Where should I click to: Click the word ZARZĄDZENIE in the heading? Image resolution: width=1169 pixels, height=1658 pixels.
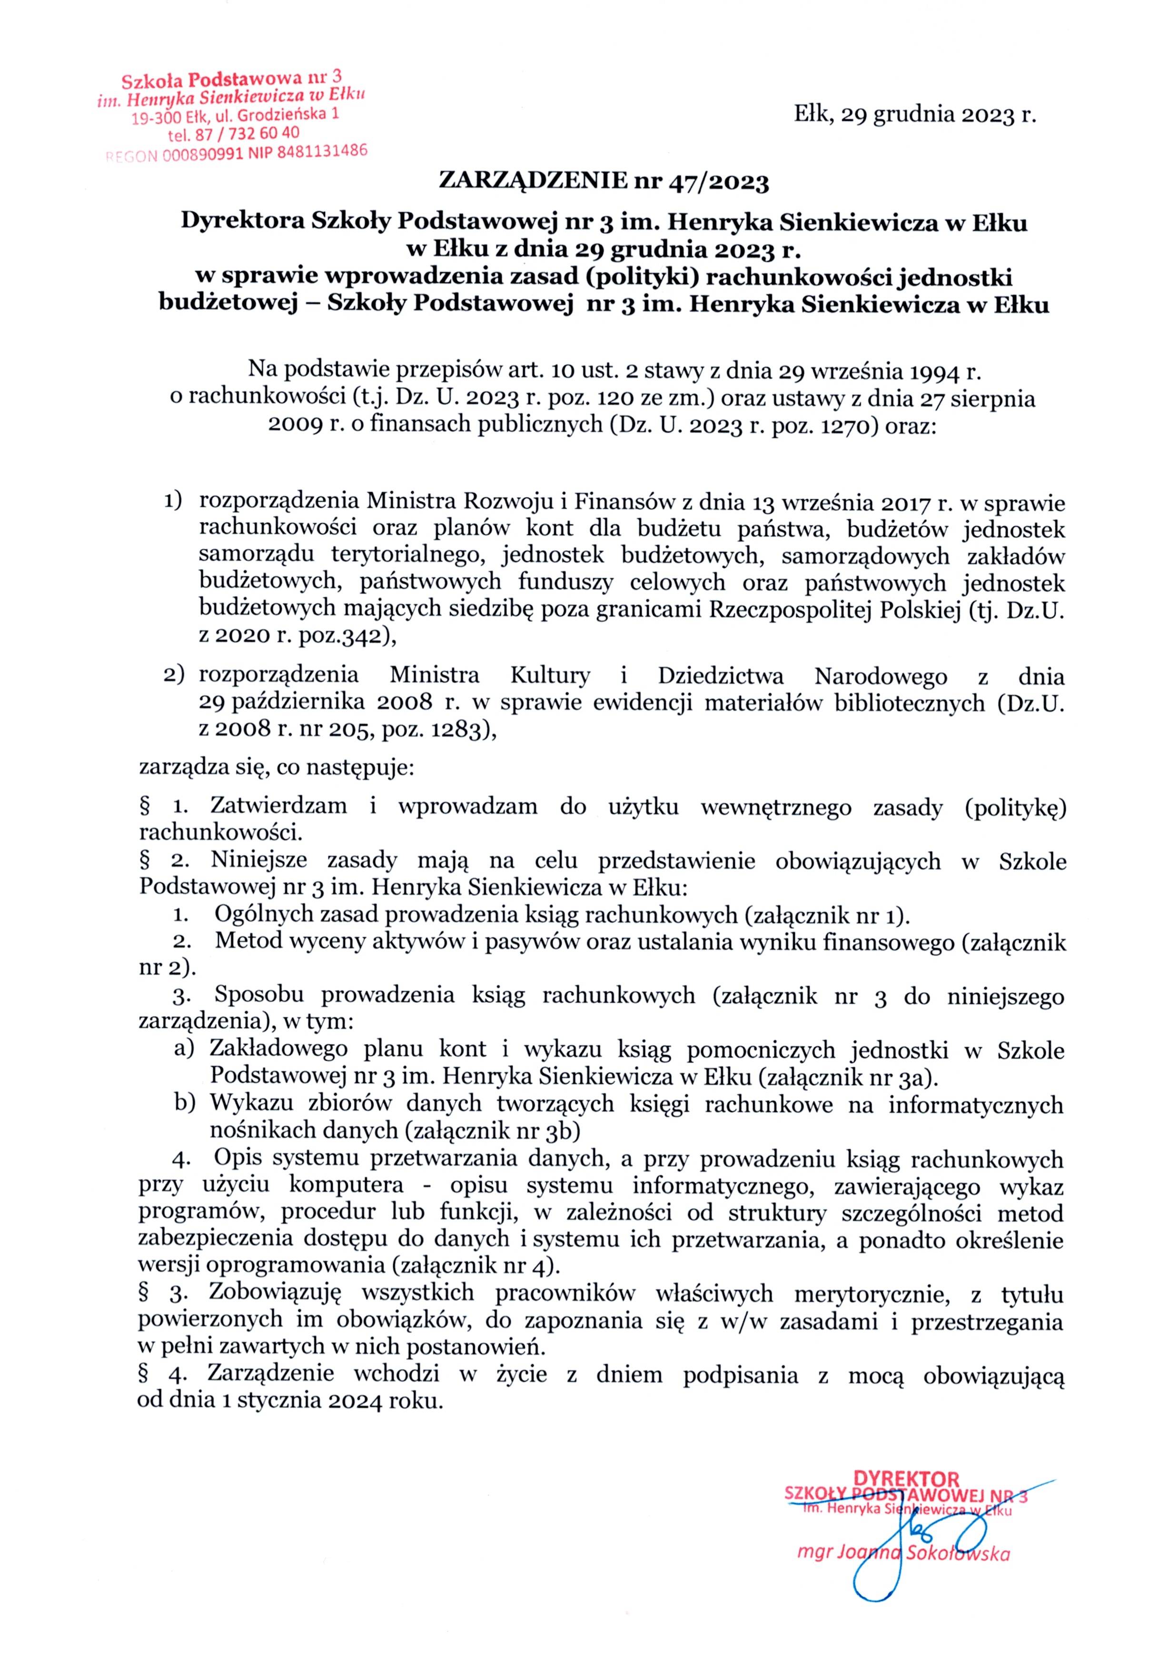pos(533,180)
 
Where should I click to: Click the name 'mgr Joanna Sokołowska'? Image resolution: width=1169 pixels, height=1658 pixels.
pos(902,1552)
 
